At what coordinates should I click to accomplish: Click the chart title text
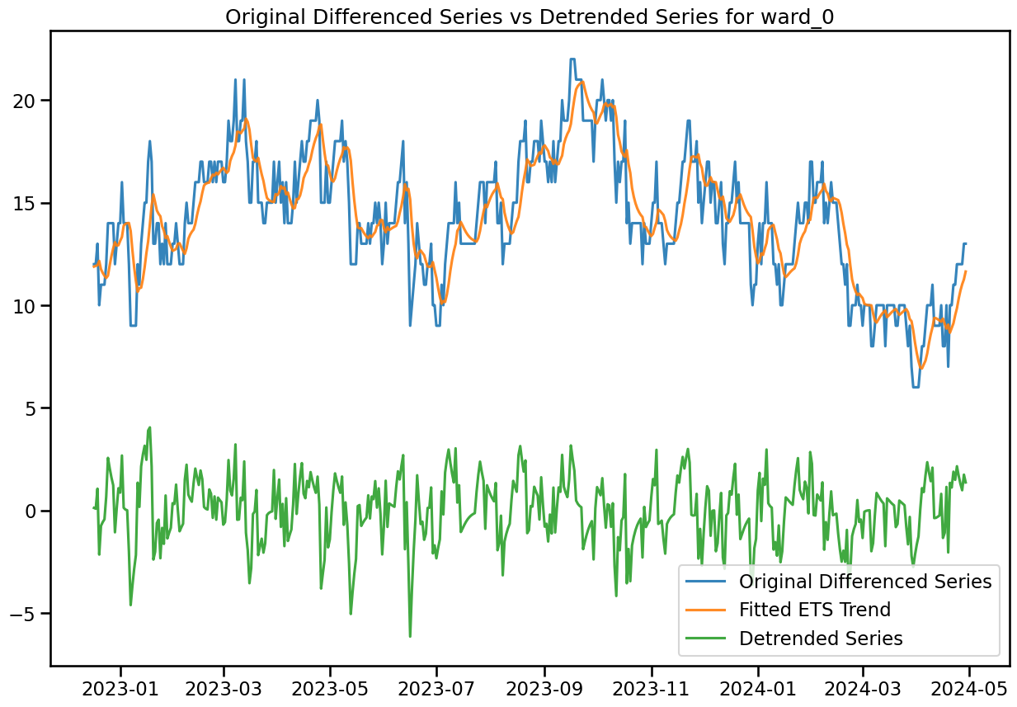(x=530, y=17)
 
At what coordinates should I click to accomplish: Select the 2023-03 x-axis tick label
(x=224, y=688)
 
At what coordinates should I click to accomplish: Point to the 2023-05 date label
(x=330, y=688)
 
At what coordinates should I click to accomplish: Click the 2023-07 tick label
(x=437, y=688)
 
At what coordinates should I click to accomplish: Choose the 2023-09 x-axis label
(x=544, y=688)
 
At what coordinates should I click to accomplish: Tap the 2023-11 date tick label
(x=652, y=688)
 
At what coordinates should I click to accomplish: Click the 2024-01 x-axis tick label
(x=758, y=688)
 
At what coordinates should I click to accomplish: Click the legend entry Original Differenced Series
(x=865, y=582)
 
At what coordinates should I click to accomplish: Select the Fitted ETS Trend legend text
(x=815, y=610)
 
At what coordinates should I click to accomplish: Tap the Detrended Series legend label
(x=821, y=639)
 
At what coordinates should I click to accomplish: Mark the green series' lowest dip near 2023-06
(x=410, y=636)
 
